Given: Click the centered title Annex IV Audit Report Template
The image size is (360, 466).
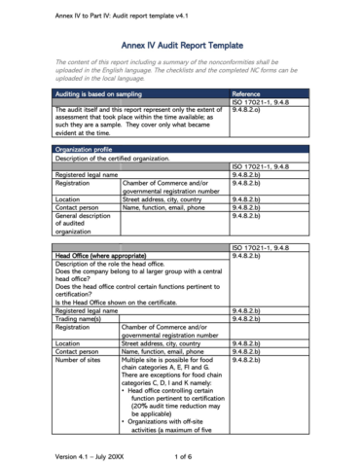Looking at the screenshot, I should (179, 46).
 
